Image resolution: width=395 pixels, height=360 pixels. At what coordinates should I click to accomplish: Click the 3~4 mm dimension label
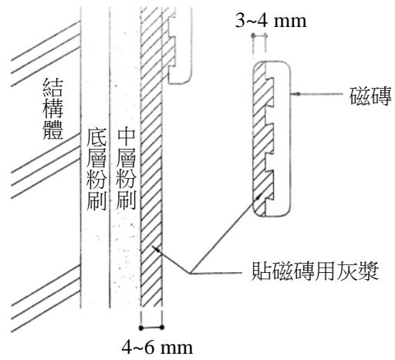tap(271, 21)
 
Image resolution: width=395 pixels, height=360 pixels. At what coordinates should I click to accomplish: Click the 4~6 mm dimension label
tap(157, 348)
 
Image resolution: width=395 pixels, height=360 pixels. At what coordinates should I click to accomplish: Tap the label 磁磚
tap(370, 96)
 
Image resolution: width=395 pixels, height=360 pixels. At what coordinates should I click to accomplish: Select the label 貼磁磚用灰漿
tap(315, 271)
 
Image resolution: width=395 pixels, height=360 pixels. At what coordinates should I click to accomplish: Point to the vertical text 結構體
tap(53, 109)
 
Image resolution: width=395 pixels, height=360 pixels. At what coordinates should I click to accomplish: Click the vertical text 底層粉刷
tap(96, 170)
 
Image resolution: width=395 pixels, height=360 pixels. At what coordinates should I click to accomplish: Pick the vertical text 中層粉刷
tap(126, 170)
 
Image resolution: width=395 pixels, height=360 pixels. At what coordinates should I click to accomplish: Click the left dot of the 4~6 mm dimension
tap(140, 328)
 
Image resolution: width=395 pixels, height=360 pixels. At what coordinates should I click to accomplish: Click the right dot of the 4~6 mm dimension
tap(162, 328)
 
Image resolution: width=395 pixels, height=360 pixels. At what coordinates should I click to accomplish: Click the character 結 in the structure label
tap(53, 87)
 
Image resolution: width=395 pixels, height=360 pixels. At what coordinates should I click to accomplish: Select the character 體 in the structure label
tap(53, 130)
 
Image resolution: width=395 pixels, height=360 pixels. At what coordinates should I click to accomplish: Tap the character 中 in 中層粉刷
tap(126, 138)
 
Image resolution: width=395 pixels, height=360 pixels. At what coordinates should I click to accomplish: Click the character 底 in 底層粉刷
tap(96, 138)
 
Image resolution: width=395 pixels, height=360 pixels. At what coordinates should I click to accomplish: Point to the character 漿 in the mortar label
tap(369, 271)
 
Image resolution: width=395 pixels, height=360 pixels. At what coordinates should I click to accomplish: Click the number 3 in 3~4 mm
tap(240, 21)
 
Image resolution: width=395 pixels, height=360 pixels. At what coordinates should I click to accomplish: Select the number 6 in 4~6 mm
tap(149, 348)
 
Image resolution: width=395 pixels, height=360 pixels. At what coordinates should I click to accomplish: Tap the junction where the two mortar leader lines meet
tap(190, 273)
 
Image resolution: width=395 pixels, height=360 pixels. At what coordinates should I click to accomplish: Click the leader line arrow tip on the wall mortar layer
tap(154, 247)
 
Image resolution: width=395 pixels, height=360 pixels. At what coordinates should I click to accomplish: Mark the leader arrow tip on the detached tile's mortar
tap(261, 194)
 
